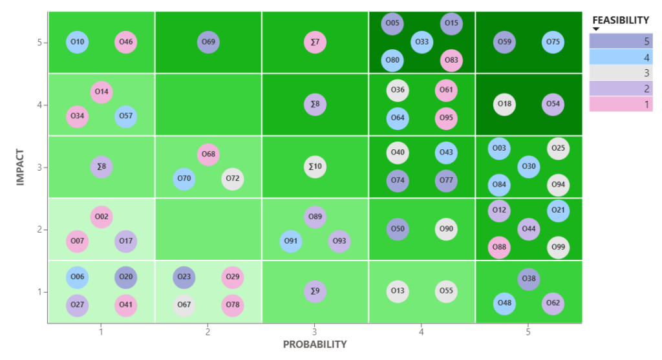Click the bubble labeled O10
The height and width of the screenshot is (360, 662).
pyautogui.click(x=77, y=43)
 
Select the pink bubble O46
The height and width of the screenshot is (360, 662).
pyautogui.click(x=126, y=43)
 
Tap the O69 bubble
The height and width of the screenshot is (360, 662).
pyautogui.click(x=208, y=43)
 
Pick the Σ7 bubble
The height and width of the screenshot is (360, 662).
pyautogui.click(x=315, y=43)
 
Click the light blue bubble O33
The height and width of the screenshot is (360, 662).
pyautogui.click(x=422, y=43)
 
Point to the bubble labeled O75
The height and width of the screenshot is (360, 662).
pyautogui.click(x=553, y=43)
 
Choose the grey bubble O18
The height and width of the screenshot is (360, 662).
pyautogui.click(x=504, y=104)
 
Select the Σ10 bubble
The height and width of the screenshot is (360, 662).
pyautogui.click(x=315, y=167)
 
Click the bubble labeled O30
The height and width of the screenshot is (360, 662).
pyautogui.click(x=529, y=167)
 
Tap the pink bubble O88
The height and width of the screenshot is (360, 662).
pyautogui.click(x=498, y=247)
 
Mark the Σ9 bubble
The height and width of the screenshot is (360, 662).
pyautogui.click(x=315, y=291)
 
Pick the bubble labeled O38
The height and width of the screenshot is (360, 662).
pyautogui.click(x=529, y=279)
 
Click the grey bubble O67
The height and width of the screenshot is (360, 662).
pyautogui.click(x=184, y=304)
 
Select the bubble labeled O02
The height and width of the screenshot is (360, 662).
pyautogui.click(x=101, y=217)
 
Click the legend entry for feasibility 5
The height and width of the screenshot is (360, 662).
pyautogui.click(x=621, y=41)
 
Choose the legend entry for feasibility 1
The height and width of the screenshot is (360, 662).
pyautogui.click(x=621, y=103)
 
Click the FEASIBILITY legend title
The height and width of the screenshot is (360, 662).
pyautogui.click(x=621, y=20)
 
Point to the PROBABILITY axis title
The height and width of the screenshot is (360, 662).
pyautogui.click(x=315, y=344)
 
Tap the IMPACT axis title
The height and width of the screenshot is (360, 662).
pyautogui.click(x=20, y=167)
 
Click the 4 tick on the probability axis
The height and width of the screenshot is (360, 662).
pyautogui.click(x=422, y=332)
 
